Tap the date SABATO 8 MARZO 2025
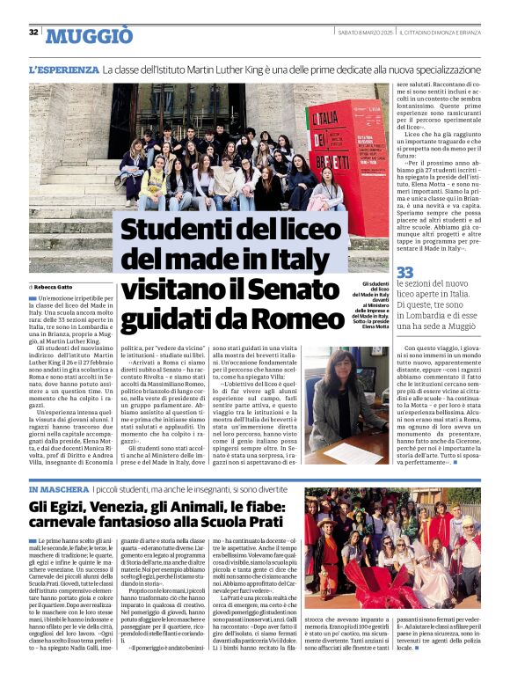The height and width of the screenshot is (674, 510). coord(365,33)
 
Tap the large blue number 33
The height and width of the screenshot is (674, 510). coord(404,274)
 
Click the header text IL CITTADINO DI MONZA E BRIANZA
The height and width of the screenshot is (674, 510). coord(440,33)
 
